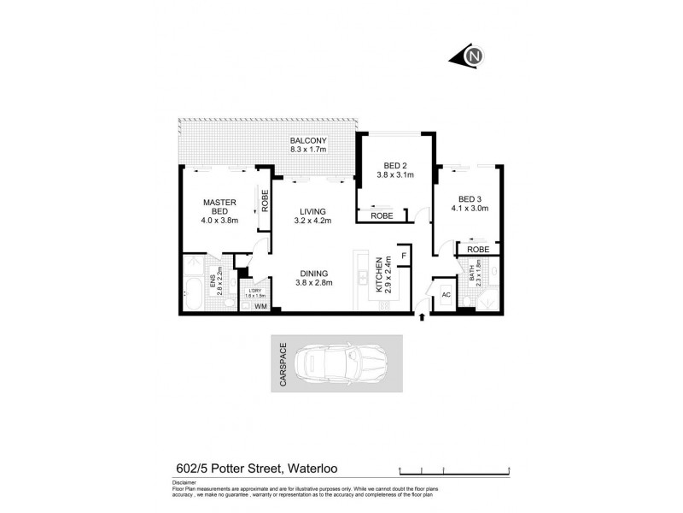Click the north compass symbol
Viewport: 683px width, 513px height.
472,57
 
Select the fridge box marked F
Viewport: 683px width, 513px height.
403,255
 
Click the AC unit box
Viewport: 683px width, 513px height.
446,295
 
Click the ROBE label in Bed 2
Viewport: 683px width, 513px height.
382,216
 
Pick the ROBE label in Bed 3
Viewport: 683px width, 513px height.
478,250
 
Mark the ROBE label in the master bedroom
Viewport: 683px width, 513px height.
266,200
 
